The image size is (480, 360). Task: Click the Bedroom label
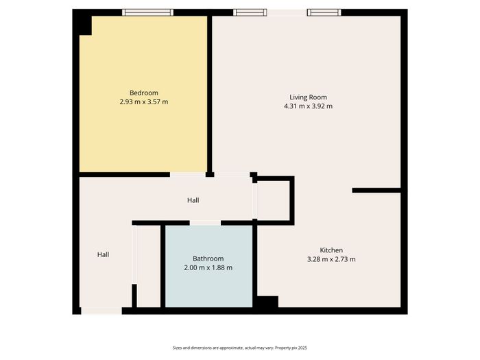[x=144, y=93]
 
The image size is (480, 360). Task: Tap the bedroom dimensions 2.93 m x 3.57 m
[x=144, y=102]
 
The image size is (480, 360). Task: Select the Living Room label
[x=309, y=97]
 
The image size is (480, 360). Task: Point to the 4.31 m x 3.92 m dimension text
[x=309, y=106]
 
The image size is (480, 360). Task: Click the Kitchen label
[x=331, y=250]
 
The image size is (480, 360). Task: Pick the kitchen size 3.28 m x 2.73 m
[x=331, y=259]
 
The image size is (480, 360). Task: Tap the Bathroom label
[x=208, y=259]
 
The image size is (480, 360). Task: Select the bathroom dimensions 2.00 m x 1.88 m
[x=208, y=268]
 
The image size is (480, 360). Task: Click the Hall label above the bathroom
[x=193, y=200]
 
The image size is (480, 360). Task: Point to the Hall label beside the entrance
[x=103, y=254]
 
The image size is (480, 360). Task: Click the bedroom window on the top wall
[x=148, y=12]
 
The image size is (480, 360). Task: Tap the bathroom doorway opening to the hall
[x=205, y=223]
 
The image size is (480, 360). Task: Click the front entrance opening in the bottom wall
[x=101, y=311]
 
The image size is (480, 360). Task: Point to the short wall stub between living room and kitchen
[x=376, y=191]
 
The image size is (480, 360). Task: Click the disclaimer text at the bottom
[x=240, y=348]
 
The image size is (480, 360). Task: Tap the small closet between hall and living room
[x=273, y=200]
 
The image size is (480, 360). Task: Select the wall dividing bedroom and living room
[x=210, y=94]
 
